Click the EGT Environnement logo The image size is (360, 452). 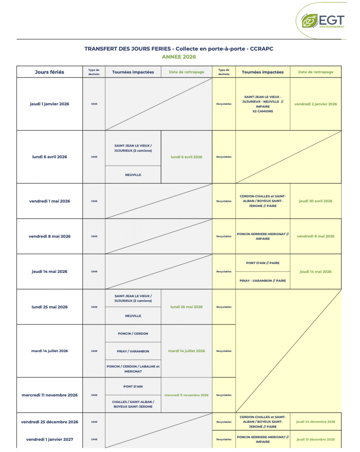coord(322,21)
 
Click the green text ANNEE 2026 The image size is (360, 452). coord(178,57)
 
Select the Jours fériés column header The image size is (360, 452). coord(49,72)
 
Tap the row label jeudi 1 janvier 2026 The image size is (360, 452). coord(49,104)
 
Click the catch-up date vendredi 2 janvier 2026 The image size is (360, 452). coord(315,104)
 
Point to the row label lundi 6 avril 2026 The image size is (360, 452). coord(49,157)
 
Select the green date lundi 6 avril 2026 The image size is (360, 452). coord(186,157)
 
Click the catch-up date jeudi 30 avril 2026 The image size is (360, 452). coord(315,201)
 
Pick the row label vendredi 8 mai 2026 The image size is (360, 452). coord(49,236)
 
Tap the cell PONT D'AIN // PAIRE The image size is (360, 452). coord(263,263)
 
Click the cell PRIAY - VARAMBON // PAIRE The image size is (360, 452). coord(263,281)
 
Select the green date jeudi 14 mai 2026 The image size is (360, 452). coord(315,271)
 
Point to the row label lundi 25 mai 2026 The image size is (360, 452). coord(49,307)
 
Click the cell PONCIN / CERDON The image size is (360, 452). coord(133,334)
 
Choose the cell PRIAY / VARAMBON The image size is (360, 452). coord(133,351)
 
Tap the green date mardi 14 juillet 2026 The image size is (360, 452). coord(186,351)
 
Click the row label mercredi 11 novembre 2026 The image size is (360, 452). coord(49,395)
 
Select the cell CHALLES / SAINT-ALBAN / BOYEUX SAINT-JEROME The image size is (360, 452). coord(133,404)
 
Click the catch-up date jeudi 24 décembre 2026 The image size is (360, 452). coord(315,422)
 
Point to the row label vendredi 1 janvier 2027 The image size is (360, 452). coord(49,439)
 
